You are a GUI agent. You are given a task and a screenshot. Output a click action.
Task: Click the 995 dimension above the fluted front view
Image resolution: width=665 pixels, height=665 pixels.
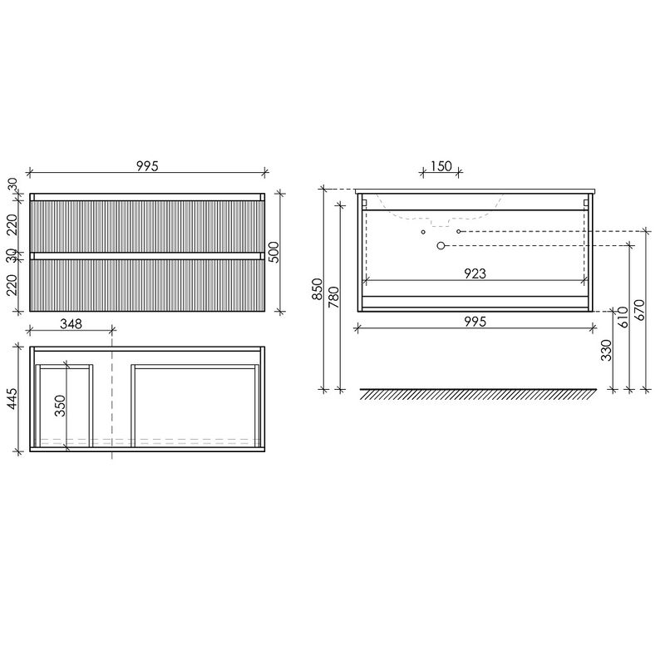[x=147, y=165]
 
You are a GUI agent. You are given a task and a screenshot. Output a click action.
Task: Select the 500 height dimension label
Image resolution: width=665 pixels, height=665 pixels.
[x=274, y=252]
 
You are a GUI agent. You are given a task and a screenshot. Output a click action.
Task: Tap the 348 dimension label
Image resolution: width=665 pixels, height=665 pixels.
[x=71, y=324]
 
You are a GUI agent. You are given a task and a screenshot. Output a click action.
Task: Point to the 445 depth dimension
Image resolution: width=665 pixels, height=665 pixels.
[x=12, y=399]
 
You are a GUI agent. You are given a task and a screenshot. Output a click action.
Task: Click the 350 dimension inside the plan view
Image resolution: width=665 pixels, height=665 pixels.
[x=60, y=406]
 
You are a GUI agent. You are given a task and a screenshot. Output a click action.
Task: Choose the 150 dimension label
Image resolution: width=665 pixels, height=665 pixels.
[x=441, y=165]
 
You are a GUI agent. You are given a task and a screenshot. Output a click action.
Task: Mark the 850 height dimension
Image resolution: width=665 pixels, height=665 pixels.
[x=318, y=288]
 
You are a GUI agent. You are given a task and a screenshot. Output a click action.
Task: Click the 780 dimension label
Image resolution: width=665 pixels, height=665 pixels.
[x=334, y=298]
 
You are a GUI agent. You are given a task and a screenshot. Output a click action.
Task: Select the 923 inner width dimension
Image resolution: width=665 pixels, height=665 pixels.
[x=475, y=273]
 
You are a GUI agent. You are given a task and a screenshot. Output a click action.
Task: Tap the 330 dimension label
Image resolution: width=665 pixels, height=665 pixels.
[x=607, y=350]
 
